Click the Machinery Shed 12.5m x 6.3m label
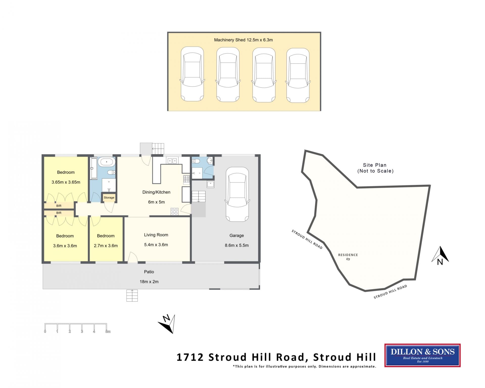(243, 40)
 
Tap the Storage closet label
(109, 198)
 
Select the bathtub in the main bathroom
(107, 162)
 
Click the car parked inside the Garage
(237, 194)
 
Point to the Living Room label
(156, 235)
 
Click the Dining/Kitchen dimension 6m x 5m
(156, 202)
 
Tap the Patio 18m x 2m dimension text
(149, 282)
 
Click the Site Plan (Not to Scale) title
(375, 168)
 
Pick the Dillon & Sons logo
(422, 355)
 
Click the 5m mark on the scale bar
(108, 331)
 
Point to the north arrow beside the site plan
(440, 256)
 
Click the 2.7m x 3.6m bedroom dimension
(106, 246)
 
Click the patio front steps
(132, 295)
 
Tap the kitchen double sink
(172, 161)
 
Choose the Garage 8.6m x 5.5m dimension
(237, 245)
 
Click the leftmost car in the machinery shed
(192, 74)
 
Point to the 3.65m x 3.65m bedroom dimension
(66, 182)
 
